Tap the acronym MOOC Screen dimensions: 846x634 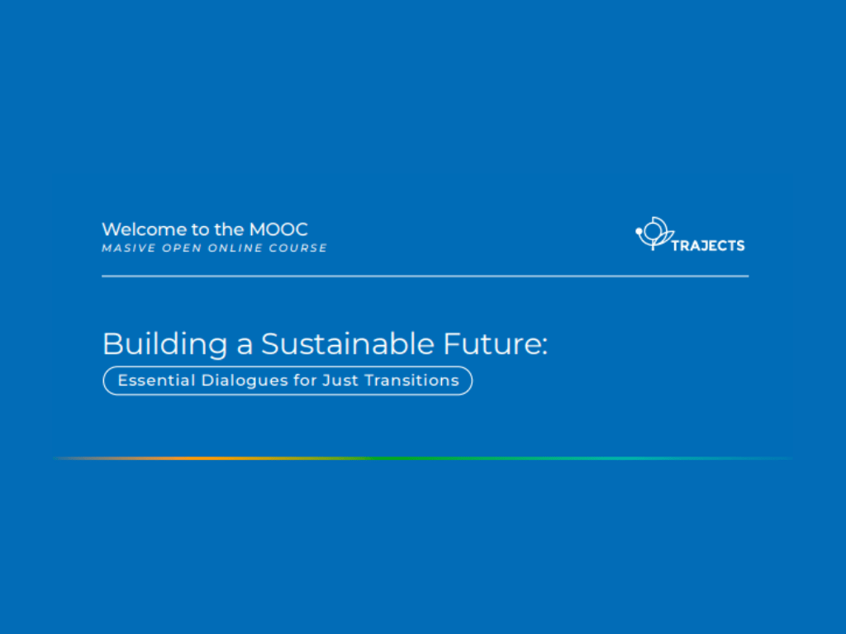click(278, 229)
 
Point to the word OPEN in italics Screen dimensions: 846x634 click(182, 248)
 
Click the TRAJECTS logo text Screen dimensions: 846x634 click(708, 246)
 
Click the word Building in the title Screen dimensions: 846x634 click(165, 345)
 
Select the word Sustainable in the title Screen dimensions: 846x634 click(348, 344)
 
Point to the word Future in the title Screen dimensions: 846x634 click(492, 344)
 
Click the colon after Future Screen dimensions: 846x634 click(544, 348)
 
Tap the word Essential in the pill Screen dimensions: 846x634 click(156, 381)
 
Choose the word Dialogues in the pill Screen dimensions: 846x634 click(245, 381)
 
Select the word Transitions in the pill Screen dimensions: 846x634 click(412, 381)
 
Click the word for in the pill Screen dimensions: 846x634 click(306, 381)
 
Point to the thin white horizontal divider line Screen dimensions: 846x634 click(425, 276)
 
